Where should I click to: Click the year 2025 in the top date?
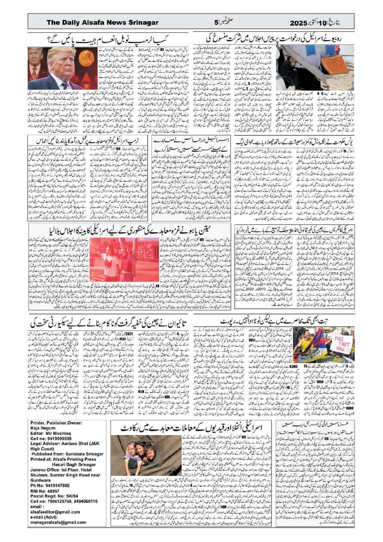pyautogui.click(x=299, y=23)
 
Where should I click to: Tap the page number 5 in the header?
pyautogui.click(x=216, y=23)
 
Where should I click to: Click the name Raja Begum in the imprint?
pyautogui.click(x=43, y=428)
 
